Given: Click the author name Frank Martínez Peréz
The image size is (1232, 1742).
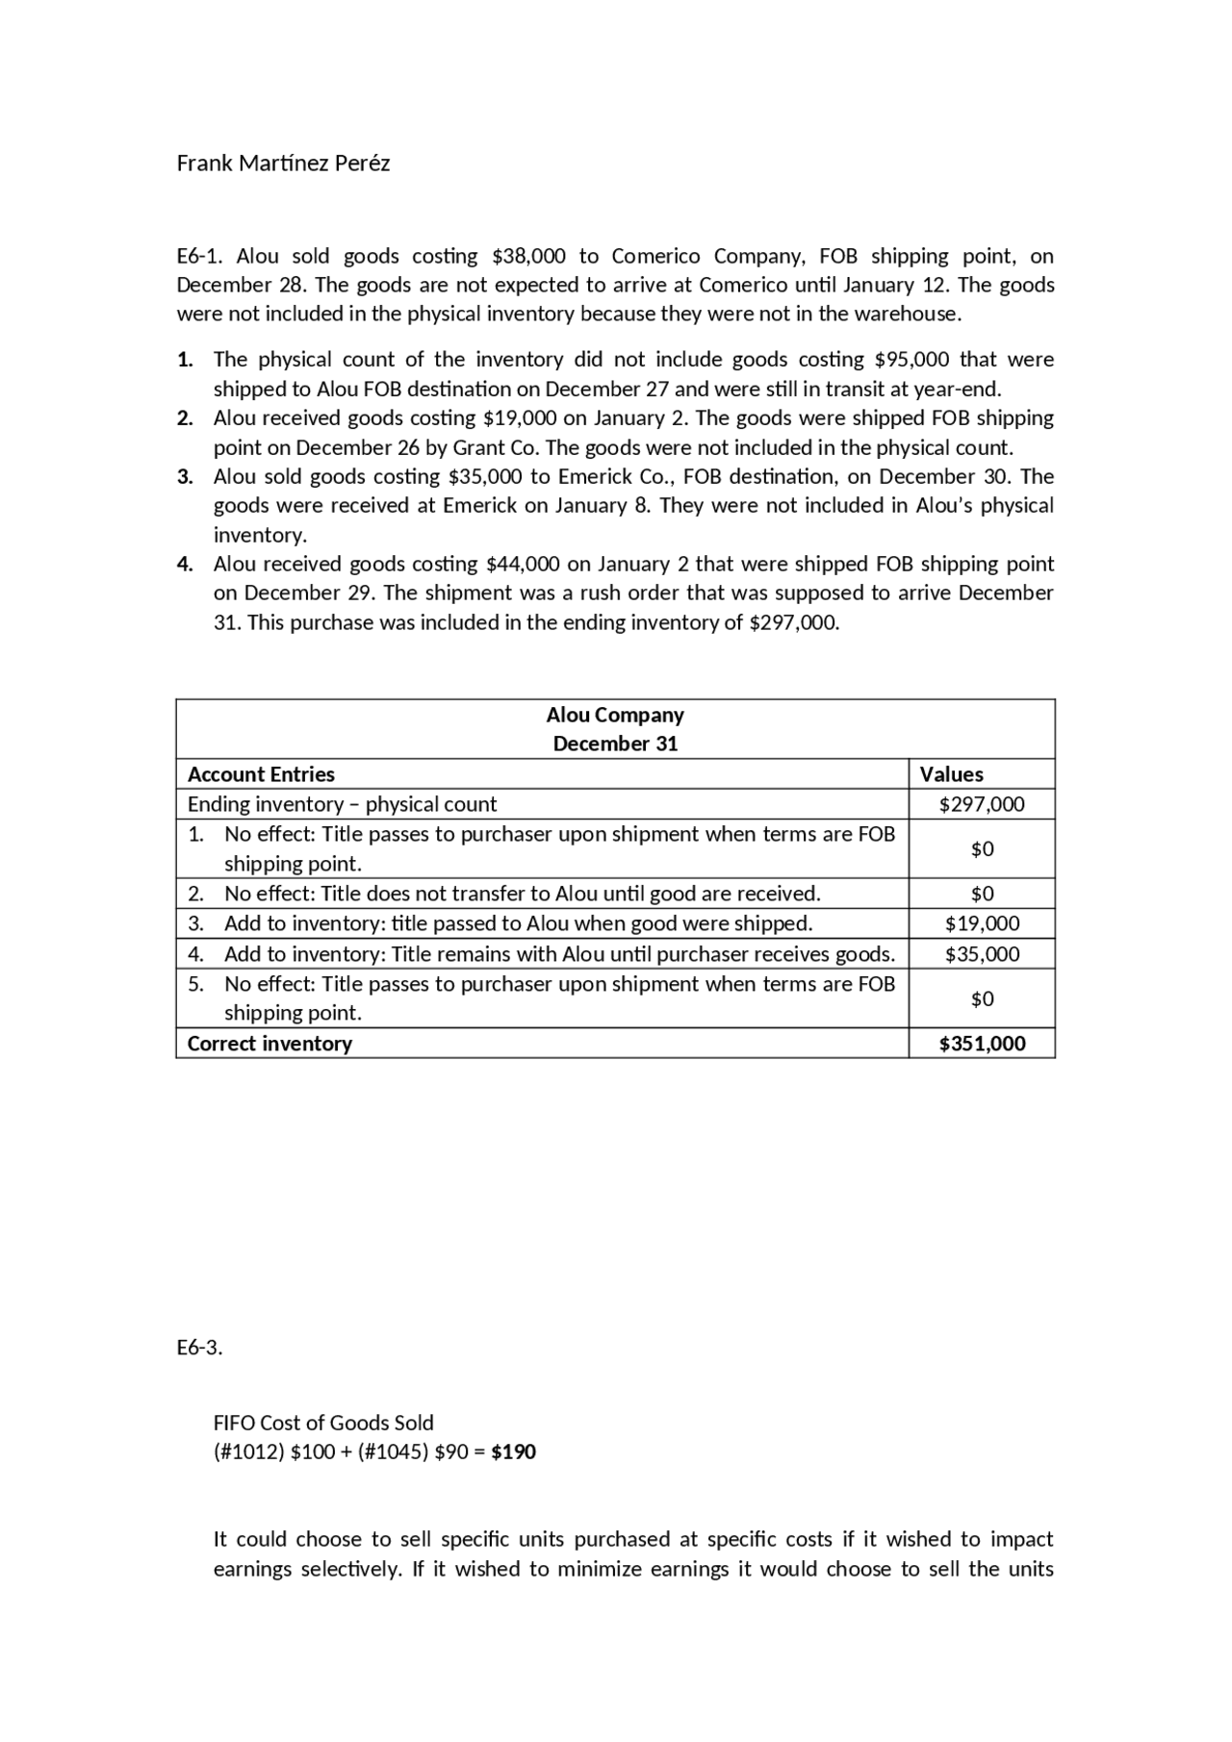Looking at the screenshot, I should tap(283, 164).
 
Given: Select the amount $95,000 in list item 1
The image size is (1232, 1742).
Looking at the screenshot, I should tap(911, 360).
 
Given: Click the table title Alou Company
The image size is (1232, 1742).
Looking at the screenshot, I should tap(615, 715).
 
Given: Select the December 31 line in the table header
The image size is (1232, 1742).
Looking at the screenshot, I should tap(615, 744).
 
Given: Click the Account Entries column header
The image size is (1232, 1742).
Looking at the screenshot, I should tap(261, 774).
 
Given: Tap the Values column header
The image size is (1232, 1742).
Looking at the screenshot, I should tap(951, 774).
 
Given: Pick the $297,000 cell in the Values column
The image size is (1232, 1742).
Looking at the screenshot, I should tap(982, 804).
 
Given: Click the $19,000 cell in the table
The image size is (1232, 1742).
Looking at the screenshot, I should tap(982, 923).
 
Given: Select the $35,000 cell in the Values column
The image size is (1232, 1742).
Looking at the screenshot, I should tap(982, 954).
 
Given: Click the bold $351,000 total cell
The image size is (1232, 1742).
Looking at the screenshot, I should tap(982, 1044).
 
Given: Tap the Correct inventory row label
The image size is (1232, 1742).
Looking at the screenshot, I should tap(269, 1044).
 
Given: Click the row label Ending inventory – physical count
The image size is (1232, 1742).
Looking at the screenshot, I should tap(342, 804).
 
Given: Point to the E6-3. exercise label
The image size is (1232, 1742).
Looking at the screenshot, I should tap(199, 1348).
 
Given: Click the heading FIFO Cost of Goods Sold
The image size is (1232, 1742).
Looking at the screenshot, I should tap(323, 1423).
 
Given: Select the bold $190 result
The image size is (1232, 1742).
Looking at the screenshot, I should tap(513, 1452).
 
